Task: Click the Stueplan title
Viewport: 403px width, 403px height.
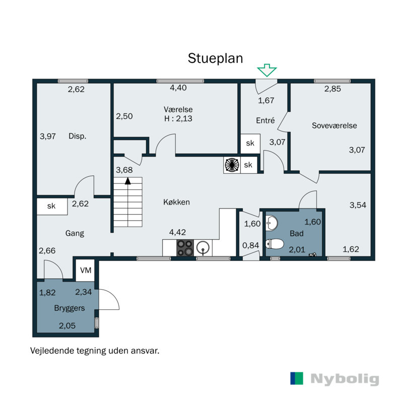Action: [216, 58]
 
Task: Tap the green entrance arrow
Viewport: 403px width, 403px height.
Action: [267, 70]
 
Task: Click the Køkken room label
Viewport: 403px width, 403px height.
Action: [177, 203]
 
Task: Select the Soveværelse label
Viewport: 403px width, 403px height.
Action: [334, 125]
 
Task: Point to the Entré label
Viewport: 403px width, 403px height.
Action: [265, 120]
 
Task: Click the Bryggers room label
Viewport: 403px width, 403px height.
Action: [70, 308]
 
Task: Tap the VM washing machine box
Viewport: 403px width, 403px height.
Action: [85, 271]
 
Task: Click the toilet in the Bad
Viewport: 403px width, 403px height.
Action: [275, 244]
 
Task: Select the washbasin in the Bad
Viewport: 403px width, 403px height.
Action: [272, 223]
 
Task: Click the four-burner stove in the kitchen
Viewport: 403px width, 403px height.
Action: [185, 248]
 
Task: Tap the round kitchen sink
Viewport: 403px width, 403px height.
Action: [203, 248]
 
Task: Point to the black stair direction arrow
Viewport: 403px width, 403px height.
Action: [128, 181]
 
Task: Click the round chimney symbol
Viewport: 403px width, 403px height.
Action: [232, 165]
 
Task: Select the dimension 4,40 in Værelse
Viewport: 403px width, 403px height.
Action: [178, 88]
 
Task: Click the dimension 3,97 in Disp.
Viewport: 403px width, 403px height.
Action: [47, 136]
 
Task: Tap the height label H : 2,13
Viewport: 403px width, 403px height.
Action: [178, 119]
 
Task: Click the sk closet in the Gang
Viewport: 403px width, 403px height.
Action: [52, 207]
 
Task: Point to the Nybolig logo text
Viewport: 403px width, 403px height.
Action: [345, 379]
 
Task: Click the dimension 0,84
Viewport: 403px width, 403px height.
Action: [250, 245]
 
